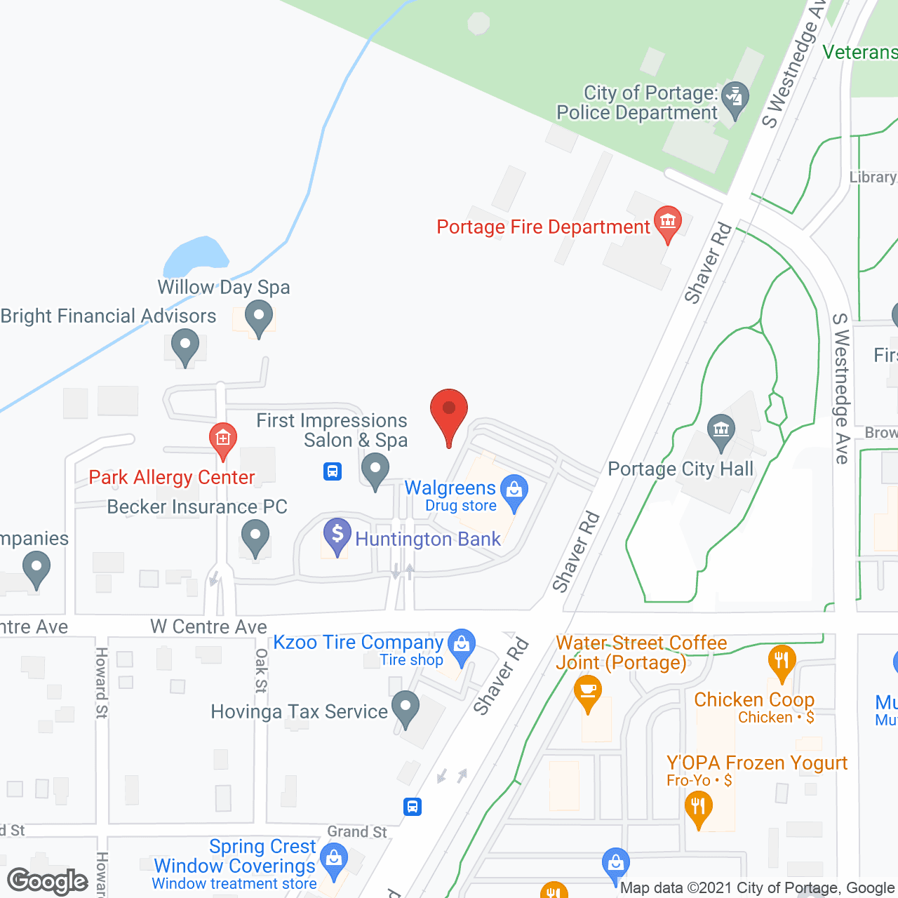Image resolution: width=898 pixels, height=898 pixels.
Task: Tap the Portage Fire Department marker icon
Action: click(x=667, y=222)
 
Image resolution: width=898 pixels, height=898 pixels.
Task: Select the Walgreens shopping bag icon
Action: click(x=514, y=491)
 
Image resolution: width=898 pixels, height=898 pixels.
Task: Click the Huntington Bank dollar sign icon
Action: click(x=337, y=535)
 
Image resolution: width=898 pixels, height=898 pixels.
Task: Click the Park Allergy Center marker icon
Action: click(x=222, y=440)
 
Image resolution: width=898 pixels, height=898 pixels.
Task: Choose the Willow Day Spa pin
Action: click(x=259, y=316)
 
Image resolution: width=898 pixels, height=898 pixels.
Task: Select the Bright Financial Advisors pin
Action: click(x=185, y=346)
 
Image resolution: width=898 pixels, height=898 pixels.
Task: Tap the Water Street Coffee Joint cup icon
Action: click(x=588, y=692)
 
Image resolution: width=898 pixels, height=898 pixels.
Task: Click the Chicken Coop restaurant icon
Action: click(x=781, y=661)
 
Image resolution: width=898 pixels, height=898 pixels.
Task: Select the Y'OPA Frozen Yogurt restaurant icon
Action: click(x=698, y=807)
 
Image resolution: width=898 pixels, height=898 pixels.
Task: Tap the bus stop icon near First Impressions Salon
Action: click(x=333, y=471)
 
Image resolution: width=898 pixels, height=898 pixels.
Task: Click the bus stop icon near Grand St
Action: click(x=413, y=807)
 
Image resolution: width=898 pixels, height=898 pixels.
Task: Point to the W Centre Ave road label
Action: click(x=208, y=626)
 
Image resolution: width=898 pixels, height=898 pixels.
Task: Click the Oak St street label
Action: click(x=261, y=671)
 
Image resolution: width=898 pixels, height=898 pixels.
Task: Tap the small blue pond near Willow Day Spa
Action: click(x=196, y=257)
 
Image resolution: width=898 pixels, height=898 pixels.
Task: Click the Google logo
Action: click(x=48, y=881)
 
